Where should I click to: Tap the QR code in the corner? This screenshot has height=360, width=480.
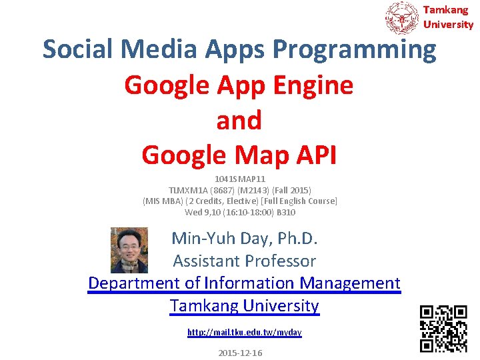[x=443, y=328]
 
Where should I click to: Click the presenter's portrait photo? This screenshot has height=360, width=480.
[x=129, y=250]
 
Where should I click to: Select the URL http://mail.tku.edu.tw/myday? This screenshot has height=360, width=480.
[x=244, y=332]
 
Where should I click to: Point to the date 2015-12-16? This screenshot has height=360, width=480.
[x=240, y=353]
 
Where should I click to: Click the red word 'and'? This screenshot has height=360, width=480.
[x=239, y=120]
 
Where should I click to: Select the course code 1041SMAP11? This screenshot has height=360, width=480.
[x=240, y=179]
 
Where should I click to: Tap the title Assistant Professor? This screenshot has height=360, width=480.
[x=244, y=261]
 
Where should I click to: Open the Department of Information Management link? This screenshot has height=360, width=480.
[x=244, y=283]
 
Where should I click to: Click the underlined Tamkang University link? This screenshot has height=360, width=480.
[x=244, y=306]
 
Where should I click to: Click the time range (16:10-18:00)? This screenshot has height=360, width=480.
[x=244, y=213]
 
